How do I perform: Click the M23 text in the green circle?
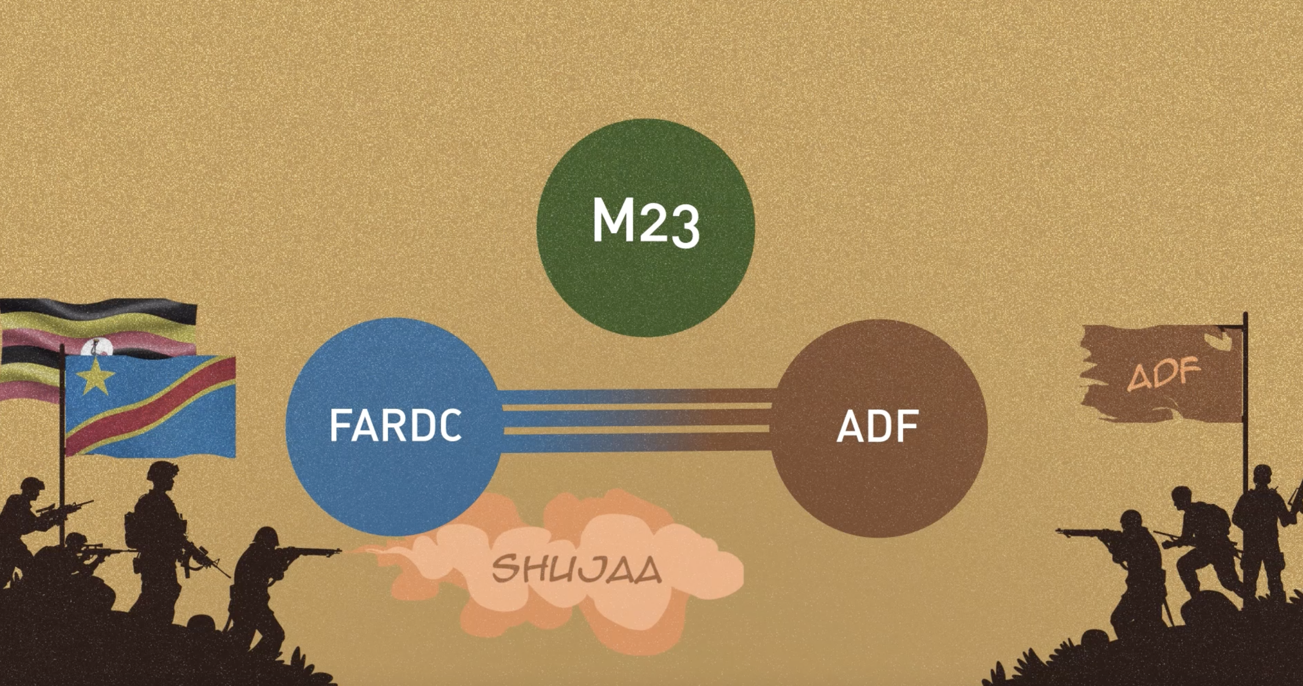point(646,224)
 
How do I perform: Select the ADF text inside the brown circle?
point(877,427)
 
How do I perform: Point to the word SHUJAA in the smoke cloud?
point(577,568)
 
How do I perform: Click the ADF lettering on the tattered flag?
point(1164,374)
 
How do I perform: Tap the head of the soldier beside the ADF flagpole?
point(1263,476)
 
